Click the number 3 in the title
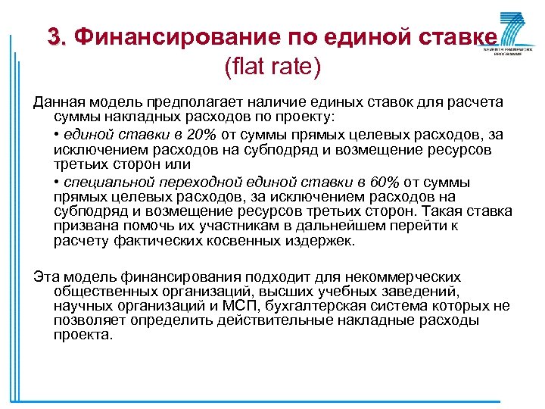click(x=54, y=36)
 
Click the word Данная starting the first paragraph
click(x=59, y=102)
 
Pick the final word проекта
click(x=83, y=334)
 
